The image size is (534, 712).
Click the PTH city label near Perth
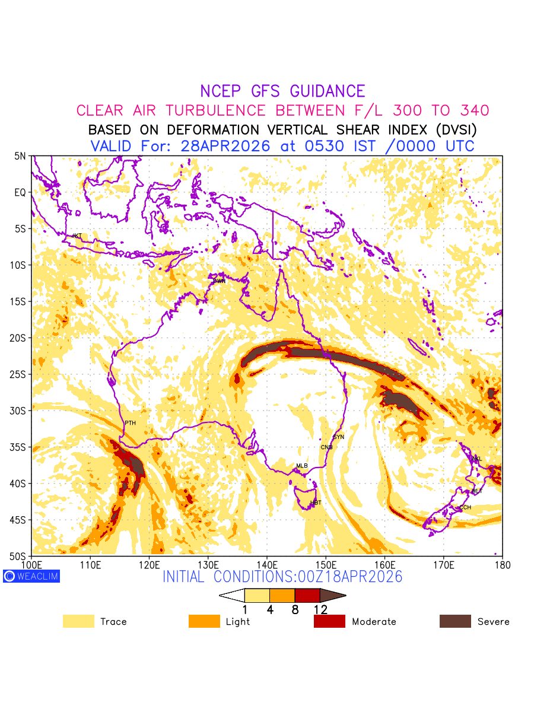pyautogui.click(x=130, y=423)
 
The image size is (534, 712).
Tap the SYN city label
pyautogui.click(x=338, y=437)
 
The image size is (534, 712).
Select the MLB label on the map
pyautogui.click(x=302, y=466)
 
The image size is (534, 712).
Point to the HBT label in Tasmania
pyautogui.click(x=316, y=503)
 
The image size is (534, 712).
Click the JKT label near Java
pyautogui.click(x=77, y=236)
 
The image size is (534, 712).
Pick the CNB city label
pyautogui.click(x=326, y=447)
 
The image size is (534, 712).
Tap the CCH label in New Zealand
pyautogui.click(x=465, y=507)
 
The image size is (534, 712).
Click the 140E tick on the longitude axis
pyautogui.click(x=267, y=564)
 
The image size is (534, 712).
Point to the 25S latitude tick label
pyautogui.click(x=20, y=374)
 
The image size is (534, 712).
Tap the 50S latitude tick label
pyautogui.click(x=20, y=557)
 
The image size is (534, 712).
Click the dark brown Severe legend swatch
pyautogui.click(x=455, y=621)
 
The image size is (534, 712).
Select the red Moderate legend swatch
pyautogui.click(x=329, y=621)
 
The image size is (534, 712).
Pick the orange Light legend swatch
pyautogui.click(x=204, y=621)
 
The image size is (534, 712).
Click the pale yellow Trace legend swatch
pyautogui.click(x=78, y=621)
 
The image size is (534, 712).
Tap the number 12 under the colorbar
pyautogui.click(x=320, y=609)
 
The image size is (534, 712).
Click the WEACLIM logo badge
pyautogui.click(x=31, y=576)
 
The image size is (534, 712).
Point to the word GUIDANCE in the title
pyautogui.click(x=328, y=91)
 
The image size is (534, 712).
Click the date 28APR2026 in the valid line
pyautogui.click(x=225, y=146)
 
